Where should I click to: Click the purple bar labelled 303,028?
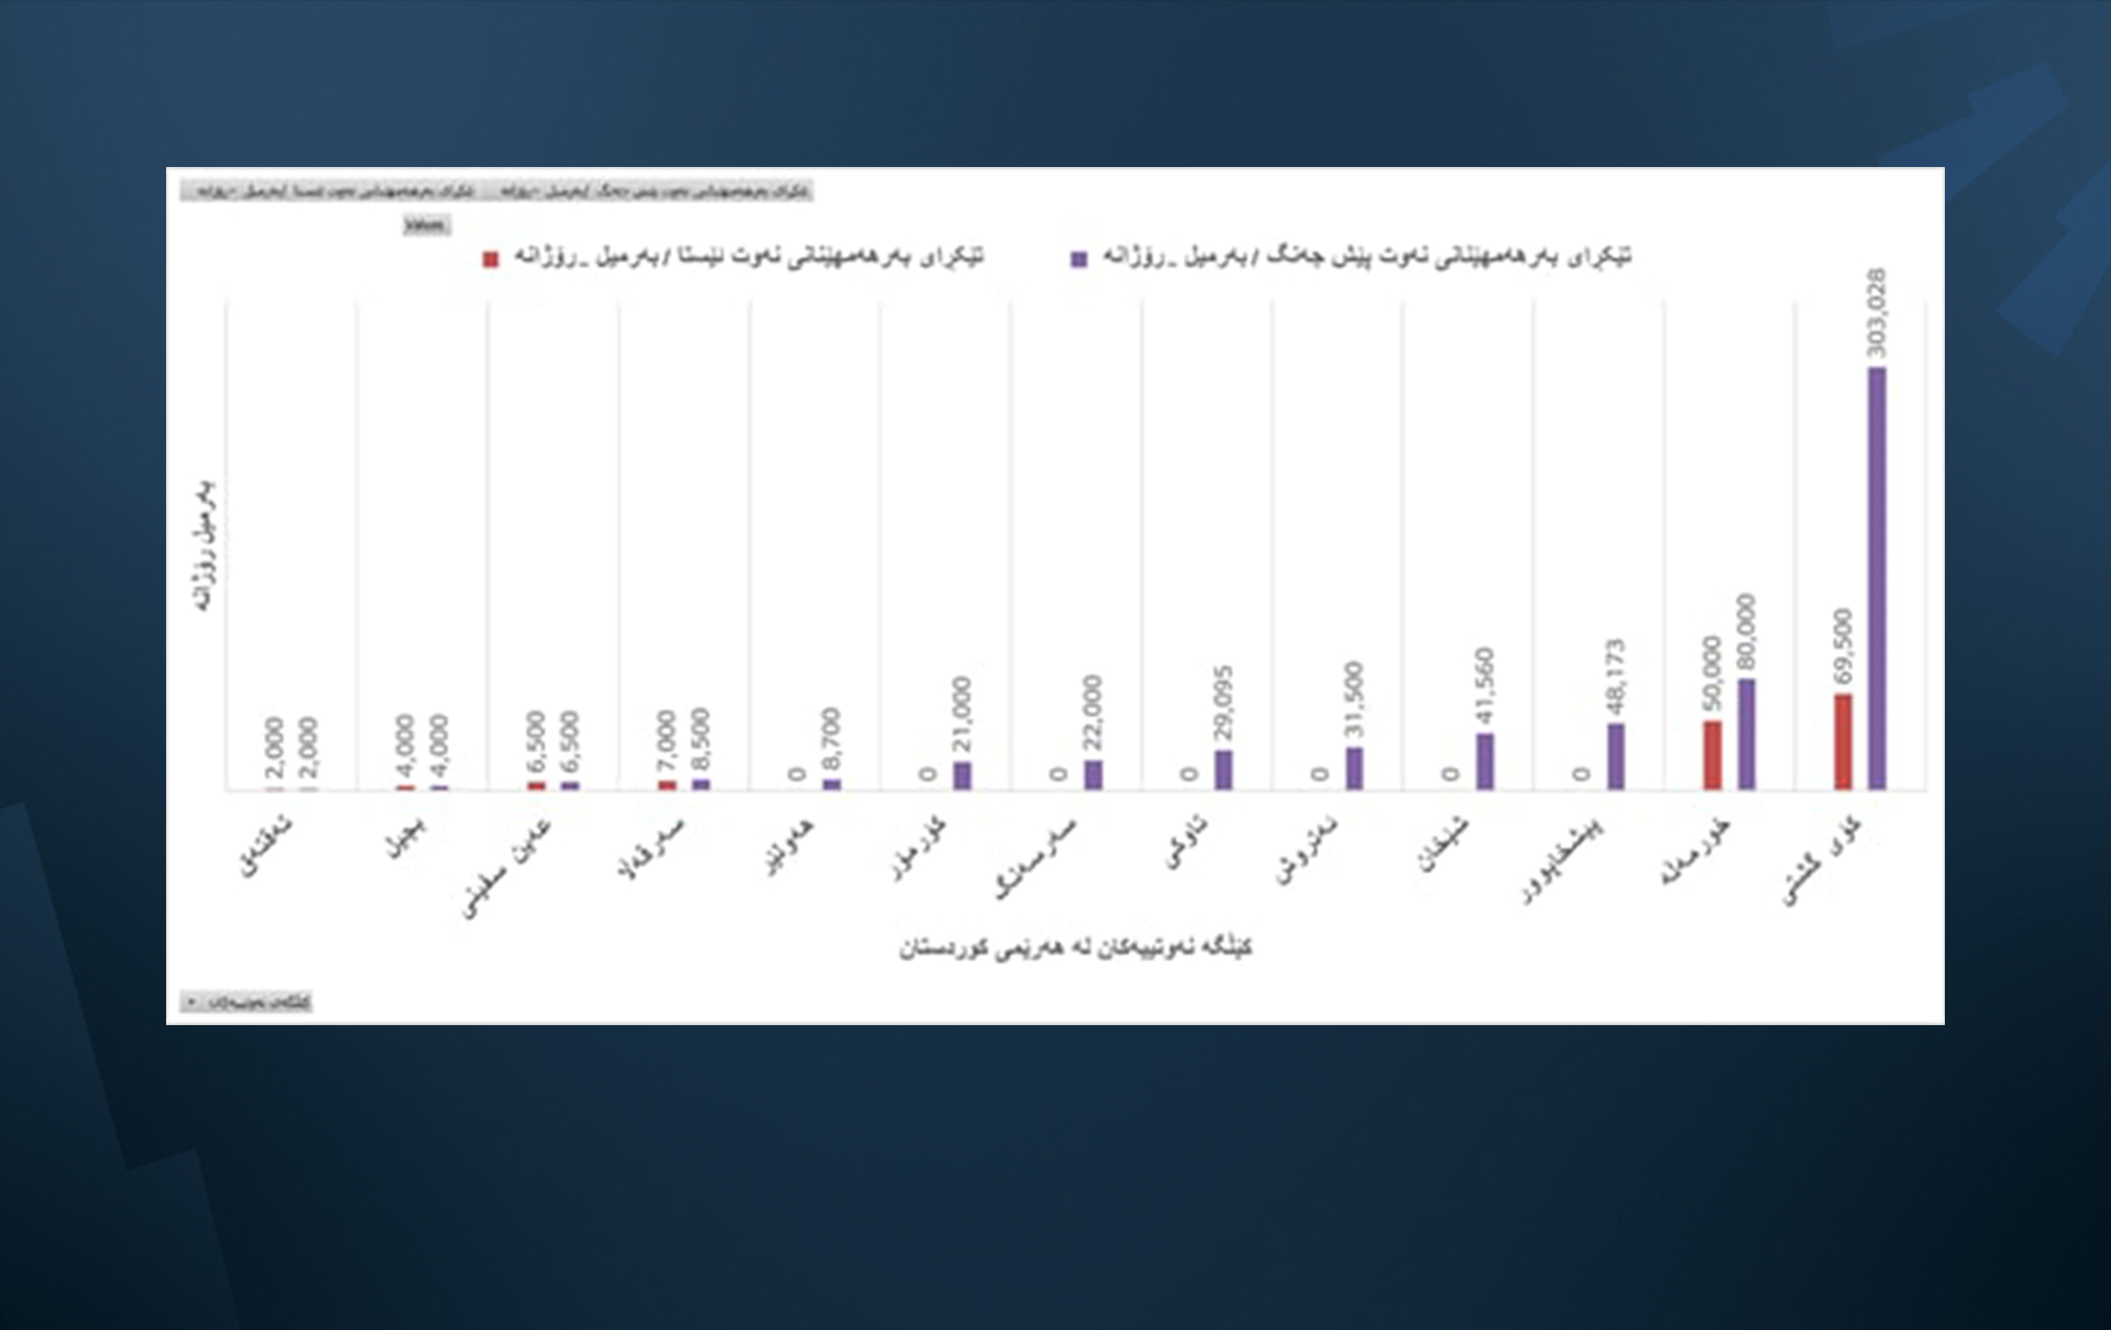pyautogui.click(x=1876, y=578)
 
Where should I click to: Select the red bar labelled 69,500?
pyautogui.click(x=1843, y=742)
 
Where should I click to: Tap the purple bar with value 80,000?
pyautogui.click(x=1746, y=734)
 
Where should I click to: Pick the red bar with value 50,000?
pyautogui.click(x=1712, y=755)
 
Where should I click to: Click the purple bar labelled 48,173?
pyautogui.click(x=1616, y=756)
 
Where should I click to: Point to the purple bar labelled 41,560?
pyautogui.click(x=1484, y=761)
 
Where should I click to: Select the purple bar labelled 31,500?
pyautogui.click(x=1354, y=768)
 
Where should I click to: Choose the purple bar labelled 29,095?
pyautogui.click(x=1223, y=769)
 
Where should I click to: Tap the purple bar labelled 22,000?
pyautogui.click(x=1093, y=774)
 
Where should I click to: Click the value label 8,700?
pyautogui.click(x=831, y=740)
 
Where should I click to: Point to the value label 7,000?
pyautogui.click(x=667, y=742)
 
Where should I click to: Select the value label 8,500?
pyautogui.click(x=701, y=740)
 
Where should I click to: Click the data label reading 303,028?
pyautogui.click(x=1876, y=313)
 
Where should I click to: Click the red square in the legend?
pyautogui.click(x=491, y=260)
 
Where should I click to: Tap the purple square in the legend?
pyautogui.click(x=1079, y=260)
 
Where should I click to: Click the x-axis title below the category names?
pyautogui.click(x=1075, y=948)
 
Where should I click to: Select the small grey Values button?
pyautogui.click(x=426, y=225)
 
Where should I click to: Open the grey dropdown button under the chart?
pyautogui.click(x=246, y=1002)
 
